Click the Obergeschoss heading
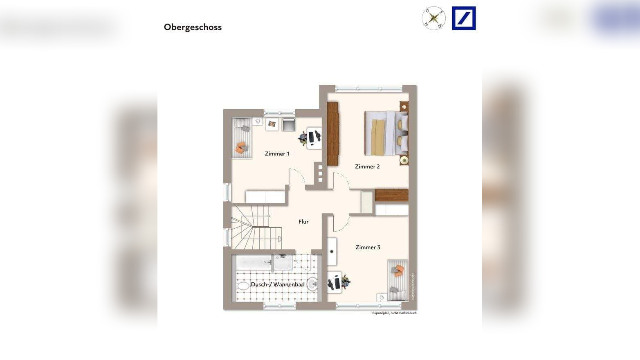(193, 27)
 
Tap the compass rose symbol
(433, 18)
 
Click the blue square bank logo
(463, 18)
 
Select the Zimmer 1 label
(277, 154)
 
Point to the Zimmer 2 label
(367, 166)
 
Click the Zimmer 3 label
(368, 247)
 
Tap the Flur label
(303, 222)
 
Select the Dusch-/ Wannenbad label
(277, 284)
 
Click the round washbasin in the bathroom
(312, 283)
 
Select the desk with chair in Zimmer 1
(312, 137)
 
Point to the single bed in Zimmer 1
(241, 138)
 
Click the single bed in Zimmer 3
(397, 280)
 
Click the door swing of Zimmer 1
(297, 177)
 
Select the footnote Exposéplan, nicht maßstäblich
(394, 313)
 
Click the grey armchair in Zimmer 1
(288, 124)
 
